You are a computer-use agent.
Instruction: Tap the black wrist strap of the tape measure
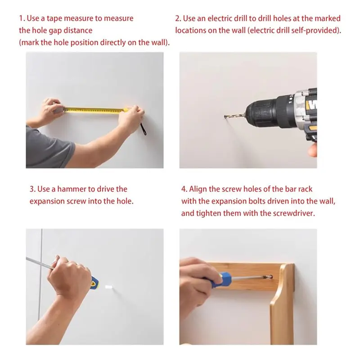[x=144, y=129]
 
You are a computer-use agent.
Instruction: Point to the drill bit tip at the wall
[x=225, y=117]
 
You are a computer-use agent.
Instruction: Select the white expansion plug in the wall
[x=108, y=287]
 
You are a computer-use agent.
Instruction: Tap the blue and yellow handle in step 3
[x=94, y=283]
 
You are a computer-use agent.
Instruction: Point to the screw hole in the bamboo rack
[x=271, y=277]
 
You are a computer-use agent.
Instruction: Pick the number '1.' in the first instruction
[x=22, y=18]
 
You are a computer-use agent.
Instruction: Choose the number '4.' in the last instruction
[x=184, y=189]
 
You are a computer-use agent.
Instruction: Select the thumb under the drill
[x=312, y=150]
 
